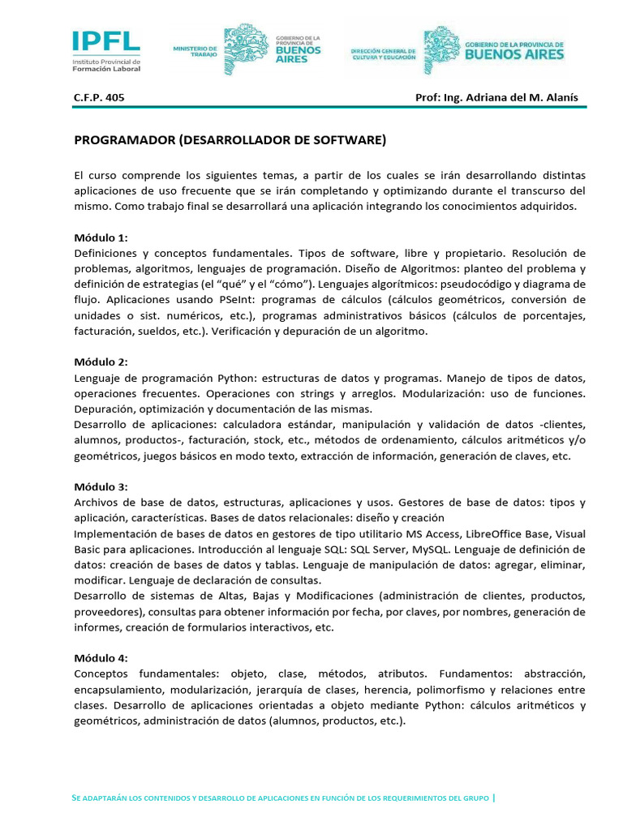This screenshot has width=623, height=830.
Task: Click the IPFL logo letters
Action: point(105,41)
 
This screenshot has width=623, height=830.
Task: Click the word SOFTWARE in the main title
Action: point(349,140)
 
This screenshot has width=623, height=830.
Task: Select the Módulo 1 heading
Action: point(101,237)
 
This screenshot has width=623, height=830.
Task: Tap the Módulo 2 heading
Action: point(101,362)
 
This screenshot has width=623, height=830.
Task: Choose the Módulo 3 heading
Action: point(101,486)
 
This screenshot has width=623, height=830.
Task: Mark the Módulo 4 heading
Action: point(101,658)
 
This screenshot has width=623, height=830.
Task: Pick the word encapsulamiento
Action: point(114,690)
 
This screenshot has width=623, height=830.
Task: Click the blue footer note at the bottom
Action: point(281,798)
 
